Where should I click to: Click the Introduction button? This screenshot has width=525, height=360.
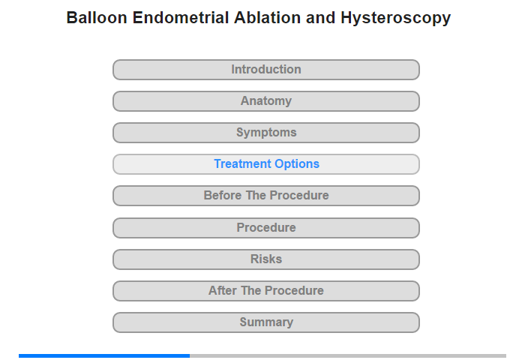point(266,70)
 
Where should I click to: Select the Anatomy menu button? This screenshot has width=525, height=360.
point(266,101)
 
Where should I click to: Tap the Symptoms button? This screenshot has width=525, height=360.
point(266,133)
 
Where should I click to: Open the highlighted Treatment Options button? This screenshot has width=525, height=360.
point(266,164)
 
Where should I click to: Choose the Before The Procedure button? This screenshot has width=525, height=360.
point(266,196)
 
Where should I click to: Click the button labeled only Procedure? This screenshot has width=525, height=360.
point(266,228)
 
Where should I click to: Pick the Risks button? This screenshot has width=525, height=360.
point(266,259)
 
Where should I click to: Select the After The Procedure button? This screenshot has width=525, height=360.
point(266,291)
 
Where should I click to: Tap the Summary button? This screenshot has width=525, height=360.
point(266,322)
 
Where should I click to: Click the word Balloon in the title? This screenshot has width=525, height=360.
point(97,18)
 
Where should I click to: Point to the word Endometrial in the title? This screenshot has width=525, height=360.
point(181,18)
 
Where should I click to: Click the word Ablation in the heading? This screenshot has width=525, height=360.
point(267,18)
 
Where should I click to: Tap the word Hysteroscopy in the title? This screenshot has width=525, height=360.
point(396,19)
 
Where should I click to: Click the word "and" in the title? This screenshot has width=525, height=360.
point(320,18)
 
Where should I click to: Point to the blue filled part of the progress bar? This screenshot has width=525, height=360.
point(104,355)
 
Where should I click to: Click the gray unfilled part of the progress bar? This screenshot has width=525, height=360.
point(348,355)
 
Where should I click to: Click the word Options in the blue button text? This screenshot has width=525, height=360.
point(297,164)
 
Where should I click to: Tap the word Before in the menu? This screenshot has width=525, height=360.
point(223,195)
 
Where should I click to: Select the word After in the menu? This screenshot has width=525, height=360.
point(223,290)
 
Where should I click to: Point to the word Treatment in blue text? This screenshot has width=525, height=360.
point(243,163)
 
